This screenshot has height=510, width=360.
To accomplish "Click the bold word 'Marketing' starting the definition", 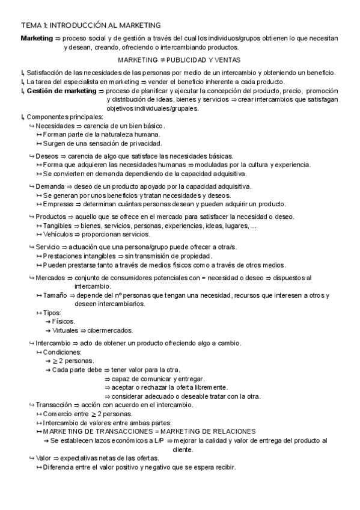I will pos(37,38).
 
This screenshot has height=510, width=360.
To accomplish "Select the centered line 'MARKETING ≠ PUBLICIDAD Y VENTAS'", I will pos(179,60).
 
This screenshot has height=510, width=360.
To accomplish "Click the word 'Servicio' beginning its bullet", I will pos(48,247).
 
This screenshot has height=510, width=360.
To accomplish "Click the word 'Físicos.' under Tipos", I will pos(63,321).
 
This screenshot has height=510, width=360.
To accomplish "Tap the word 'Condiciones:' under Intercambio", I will pos(61,351).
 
